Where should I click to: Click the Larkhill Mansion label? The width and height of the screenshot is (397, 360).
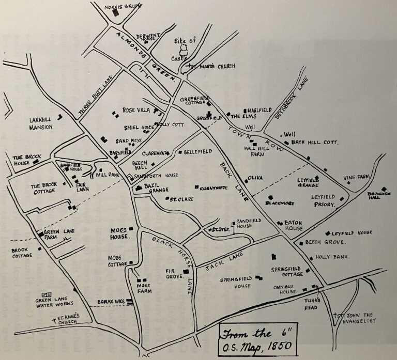pyautogui.click(x=41, y=123)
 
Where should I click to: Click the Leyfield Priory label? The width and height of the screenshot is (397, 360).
pyautogui.click(x=324, y=200)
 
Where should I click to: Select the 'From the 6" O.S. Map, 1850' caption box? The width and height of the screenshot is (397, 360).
pyautogui.click(x=256, y=339)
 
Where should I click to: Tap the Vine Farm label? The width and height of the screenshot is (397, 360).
pyautogui.click(x=357, y=178)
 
